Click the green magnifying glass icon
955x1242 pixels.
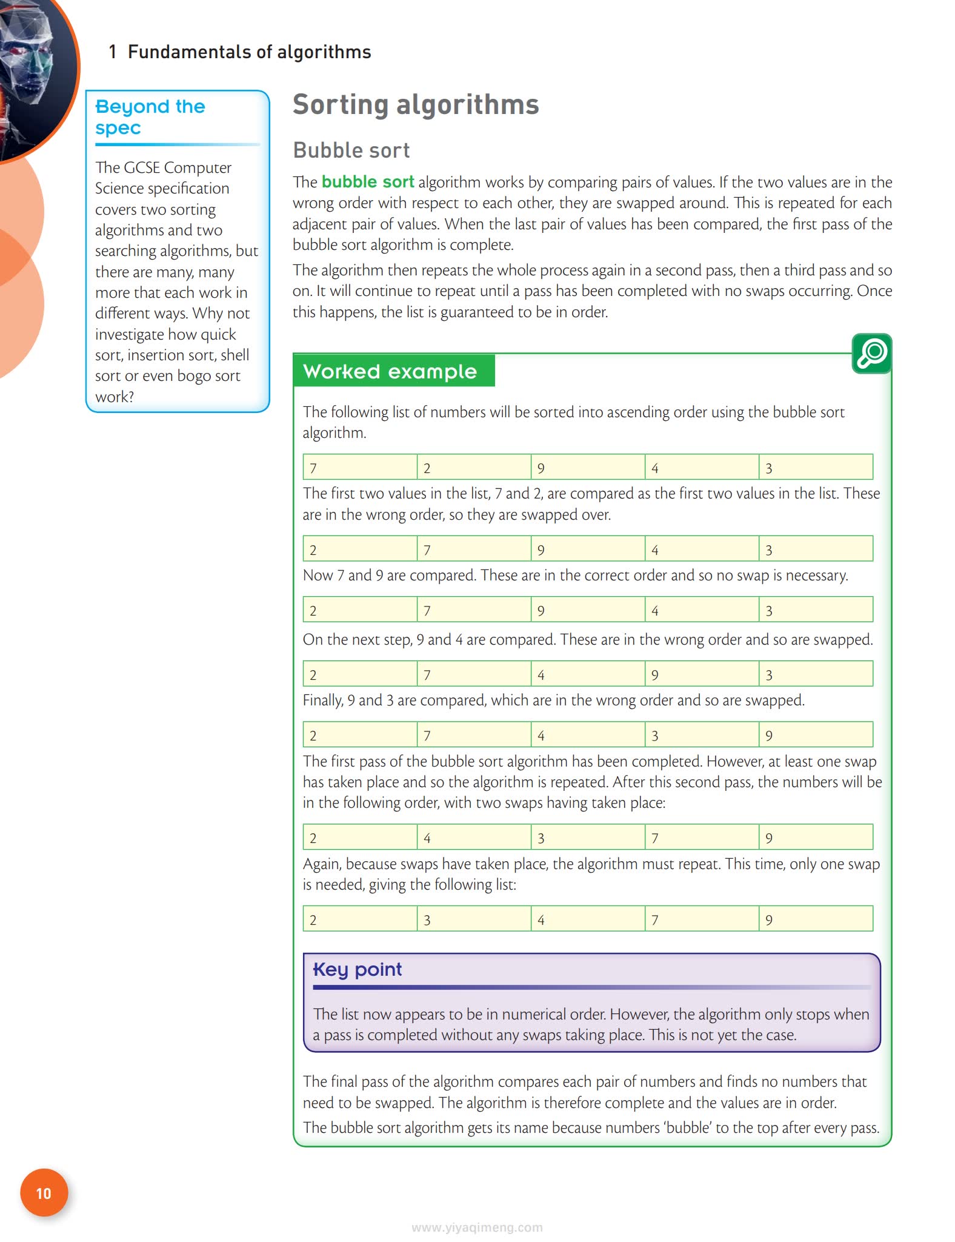click(871, 353)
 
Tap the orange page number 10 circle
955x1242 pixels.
click(44, 1192)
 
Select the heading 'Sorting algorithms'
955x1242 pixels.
click(416, 104)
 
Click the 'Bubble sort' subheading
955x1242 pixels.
click(351, 150)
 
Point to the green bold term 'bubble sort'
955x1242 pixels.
click(368, 182)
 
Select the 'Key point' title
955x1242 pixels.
click(357, 969)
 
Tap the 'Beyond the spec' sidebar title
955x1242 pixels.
click(150, 116)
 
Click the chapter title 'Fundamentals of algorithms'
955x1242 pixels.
click(249, 52)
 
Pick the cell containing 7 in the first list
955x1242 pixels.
click(360, 467)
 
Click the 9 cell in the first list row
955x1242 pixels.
click(587, 467)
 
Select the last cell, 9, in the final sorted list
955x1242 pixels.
click(815, 919)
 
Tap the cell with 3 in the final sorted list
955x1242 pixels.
click(473, 919)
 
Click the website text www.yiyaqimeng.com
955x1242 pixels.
click(477, 1227)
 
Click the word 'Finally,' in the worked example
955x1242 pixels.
click(323, 700)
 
